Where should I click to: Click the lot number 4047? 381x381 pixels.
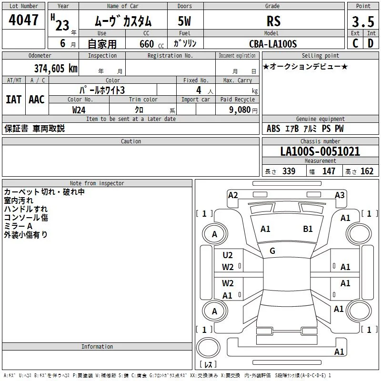23,20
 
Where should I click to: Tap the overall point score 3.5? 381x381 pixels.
363,21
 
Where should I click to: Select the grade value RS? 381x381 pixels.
273,21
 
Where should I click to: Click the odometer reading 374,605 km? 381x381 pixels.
56,69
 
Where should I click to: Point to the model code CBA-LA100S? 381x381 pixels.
273,44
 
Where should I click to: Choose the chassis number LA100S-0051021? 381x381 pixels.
320,151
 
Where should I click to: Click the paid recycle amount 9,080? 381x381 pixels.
240,110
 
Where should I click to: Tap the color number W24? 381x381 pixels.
79,110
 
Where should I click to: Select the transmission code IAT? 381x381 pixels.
13,100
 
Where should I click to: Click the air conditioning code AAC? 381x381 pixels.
37,100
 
